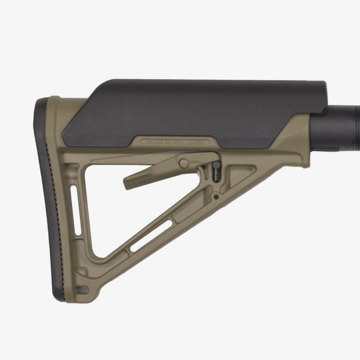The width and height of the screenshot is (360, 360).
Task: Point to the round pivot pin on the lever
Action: [x=183, y=162]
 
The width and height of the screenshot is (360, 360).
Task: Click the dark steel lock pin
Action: [x=217, y=172]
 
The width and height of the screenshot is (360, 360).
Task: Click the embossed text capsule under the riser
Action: [x=175, y=141]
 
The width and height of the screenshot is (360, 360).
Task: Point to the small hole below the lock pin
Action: [x=217, y=196]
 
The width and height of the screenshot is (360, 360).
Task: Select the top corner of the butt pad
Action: [x=43, y=101]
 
